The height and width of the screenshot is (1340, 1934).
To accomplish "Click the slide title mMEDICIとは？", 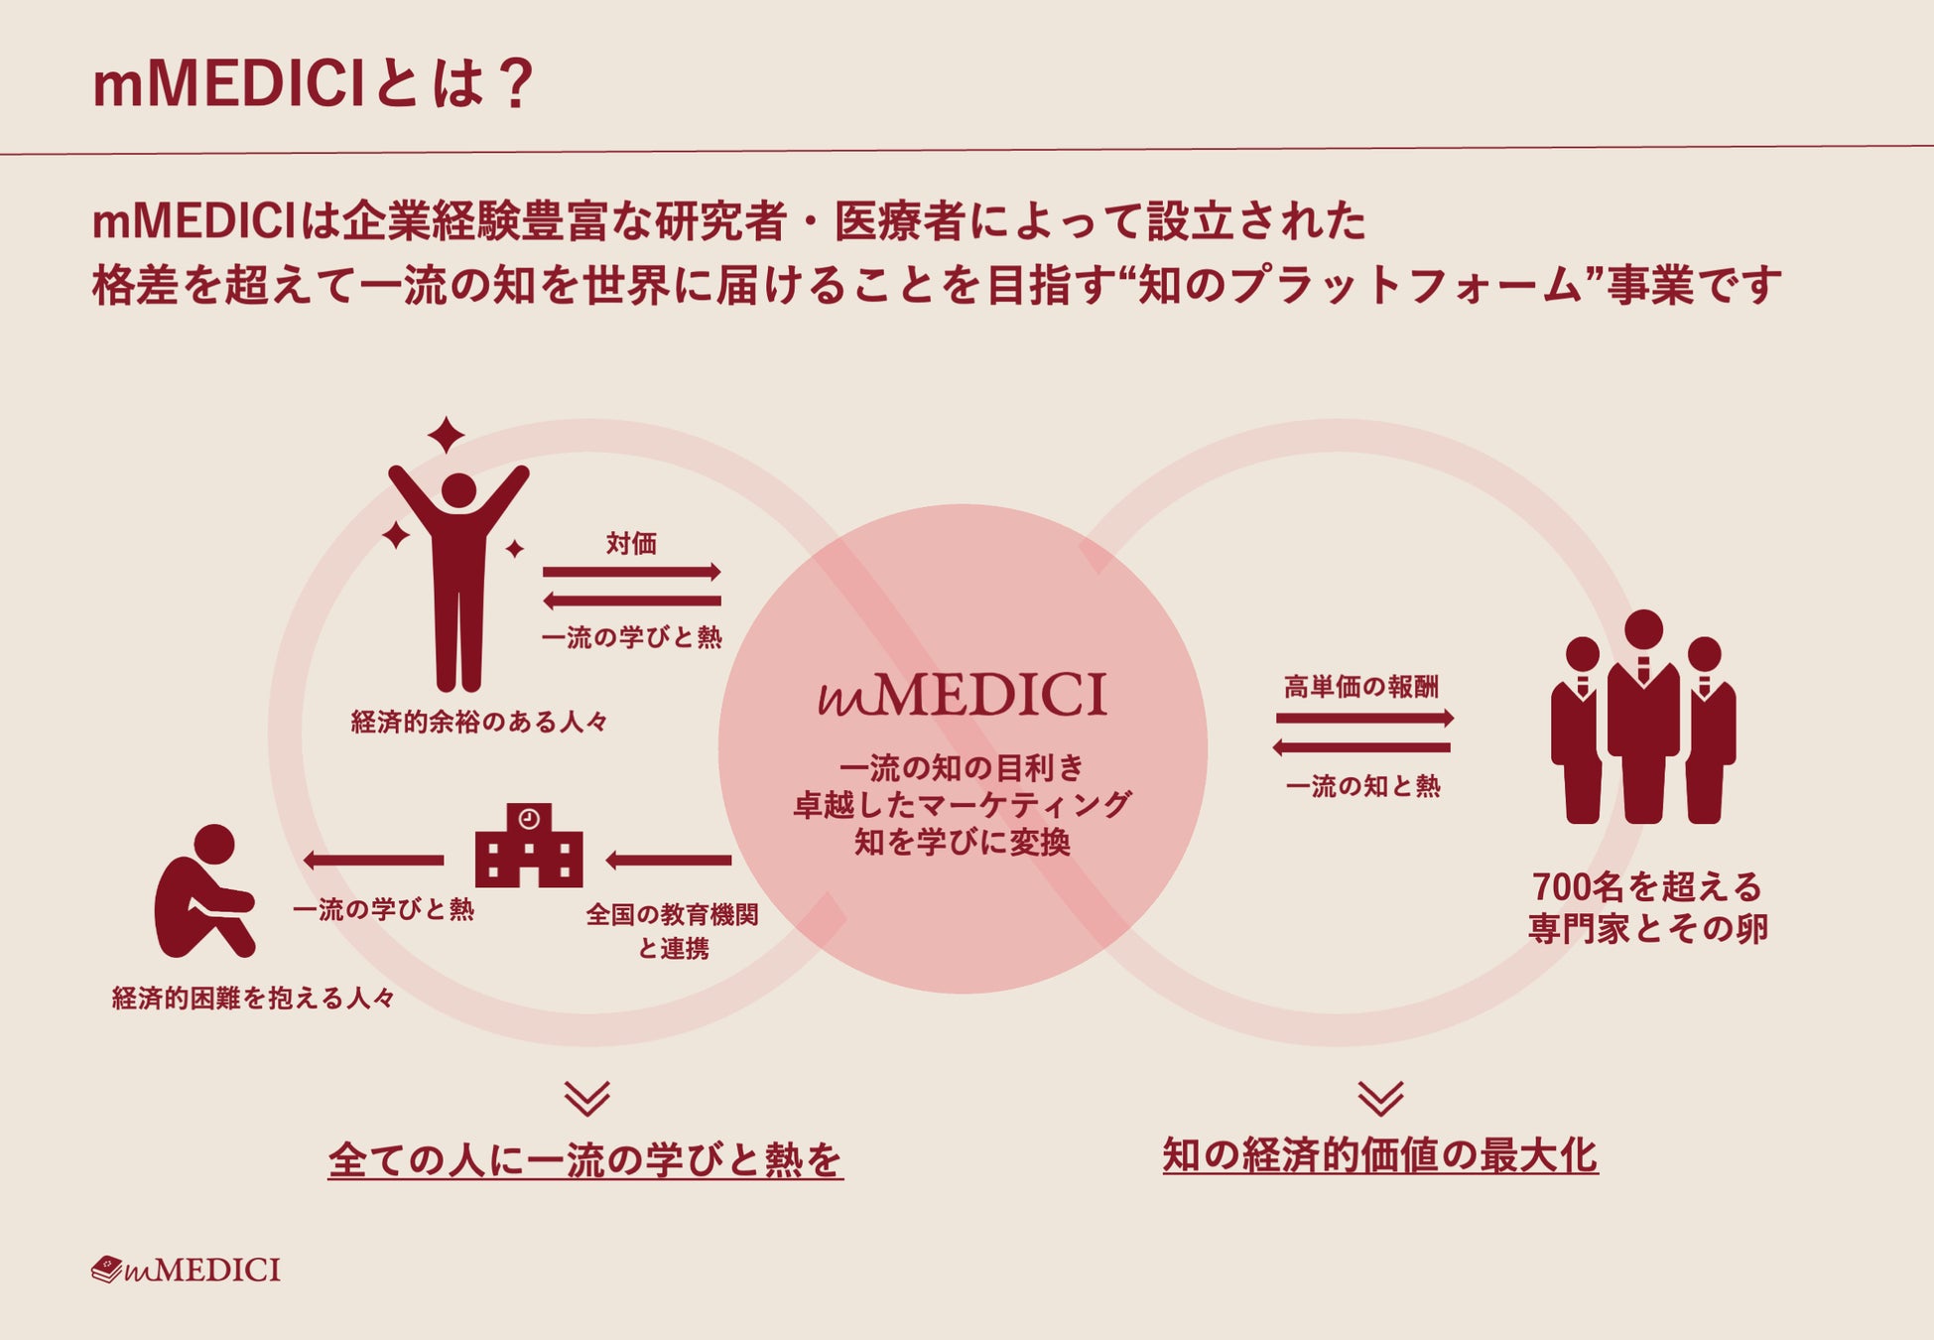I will pyautogui.click(x=314, y=83).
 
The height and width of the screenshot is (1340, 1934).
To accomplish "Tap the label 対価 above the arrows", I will pyautogui.click(x=631, y=543).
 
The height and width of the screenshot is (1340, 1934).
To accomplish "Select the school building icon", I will pyautogui.click(x=529, y=846).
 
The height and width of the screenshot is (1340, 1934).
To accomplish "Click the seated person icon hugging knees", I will pyautogui.click(x=203, y=892).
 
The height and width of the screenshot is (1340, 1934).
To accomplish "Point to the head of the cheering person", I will pyautogui.click(x=458, y=490).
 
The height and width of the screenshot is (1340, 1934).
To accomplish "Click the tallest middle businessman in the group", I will pyautogui.click(x=1643, y=715).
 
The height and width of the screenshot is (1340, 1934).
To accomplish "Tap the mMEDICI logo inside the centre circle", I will pyautogui.click(x=962, y=695).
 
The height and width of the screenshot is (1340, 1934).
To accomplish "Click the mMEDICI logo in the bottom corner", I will pyautogui.click(x=186, y=1270).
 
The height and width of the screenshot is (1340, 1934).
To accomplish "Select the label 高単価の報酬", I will pyautogui.click(x=1360, y=686).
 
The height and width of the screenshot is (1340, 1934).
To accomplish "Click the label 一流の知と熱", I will pyautogui.click(x=1362, y=786).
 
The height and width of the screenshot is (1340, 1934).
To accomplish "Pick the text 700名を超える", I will pyautogui.click(x=1646, y=885).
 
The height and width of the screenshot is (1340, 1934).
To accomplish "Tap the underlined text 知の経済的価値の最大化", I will pyautogui.click(x=1379, y=1155).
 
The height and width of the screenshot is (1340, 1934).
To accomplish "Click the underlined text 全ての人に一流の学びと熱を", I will pyautogui.click(x=585, y=1159).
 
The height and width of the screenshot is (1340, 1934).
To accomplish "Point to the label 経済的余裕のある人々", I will pyautogui.click(x=479, y=722).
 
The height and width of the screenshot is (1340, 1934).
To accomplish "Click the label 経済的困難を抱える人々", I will pyautogui.click(x=253, y=998).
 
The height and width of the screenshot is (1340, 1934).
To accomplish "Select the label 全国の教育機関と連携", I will pyautogui.click(x=673, y=930).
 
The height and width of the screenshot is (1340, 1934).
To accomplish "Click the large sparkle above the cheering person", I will pyautogui.click(x=446, y=435).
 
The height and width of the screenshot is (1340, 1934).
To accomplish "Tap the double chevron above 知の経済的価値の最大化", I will pyautogui.click(x=1380, y=1098).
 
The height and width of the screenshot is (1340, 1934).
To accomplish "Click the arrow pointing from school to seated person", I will pyautogui.click(x=374, y=860).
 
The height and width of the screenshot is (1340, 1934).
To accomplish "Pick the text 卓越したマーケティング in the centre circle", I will pyautogui.click(x=962, y=804).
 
